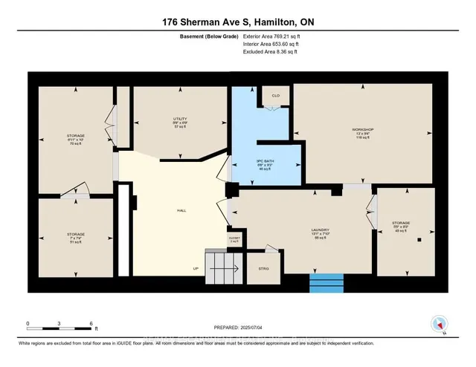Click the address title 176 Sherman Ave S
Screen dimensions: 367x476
237,23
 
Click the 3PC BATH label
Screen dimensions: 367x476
264,167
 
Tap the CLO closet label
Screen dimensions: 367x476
274,96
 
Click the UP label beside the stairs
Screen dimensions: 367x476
196,268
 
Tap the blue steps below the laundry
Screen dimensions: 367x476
327,285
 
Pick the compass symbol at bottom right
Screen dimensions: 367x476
439,324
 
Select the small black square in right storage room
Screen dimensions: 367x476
419,240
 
